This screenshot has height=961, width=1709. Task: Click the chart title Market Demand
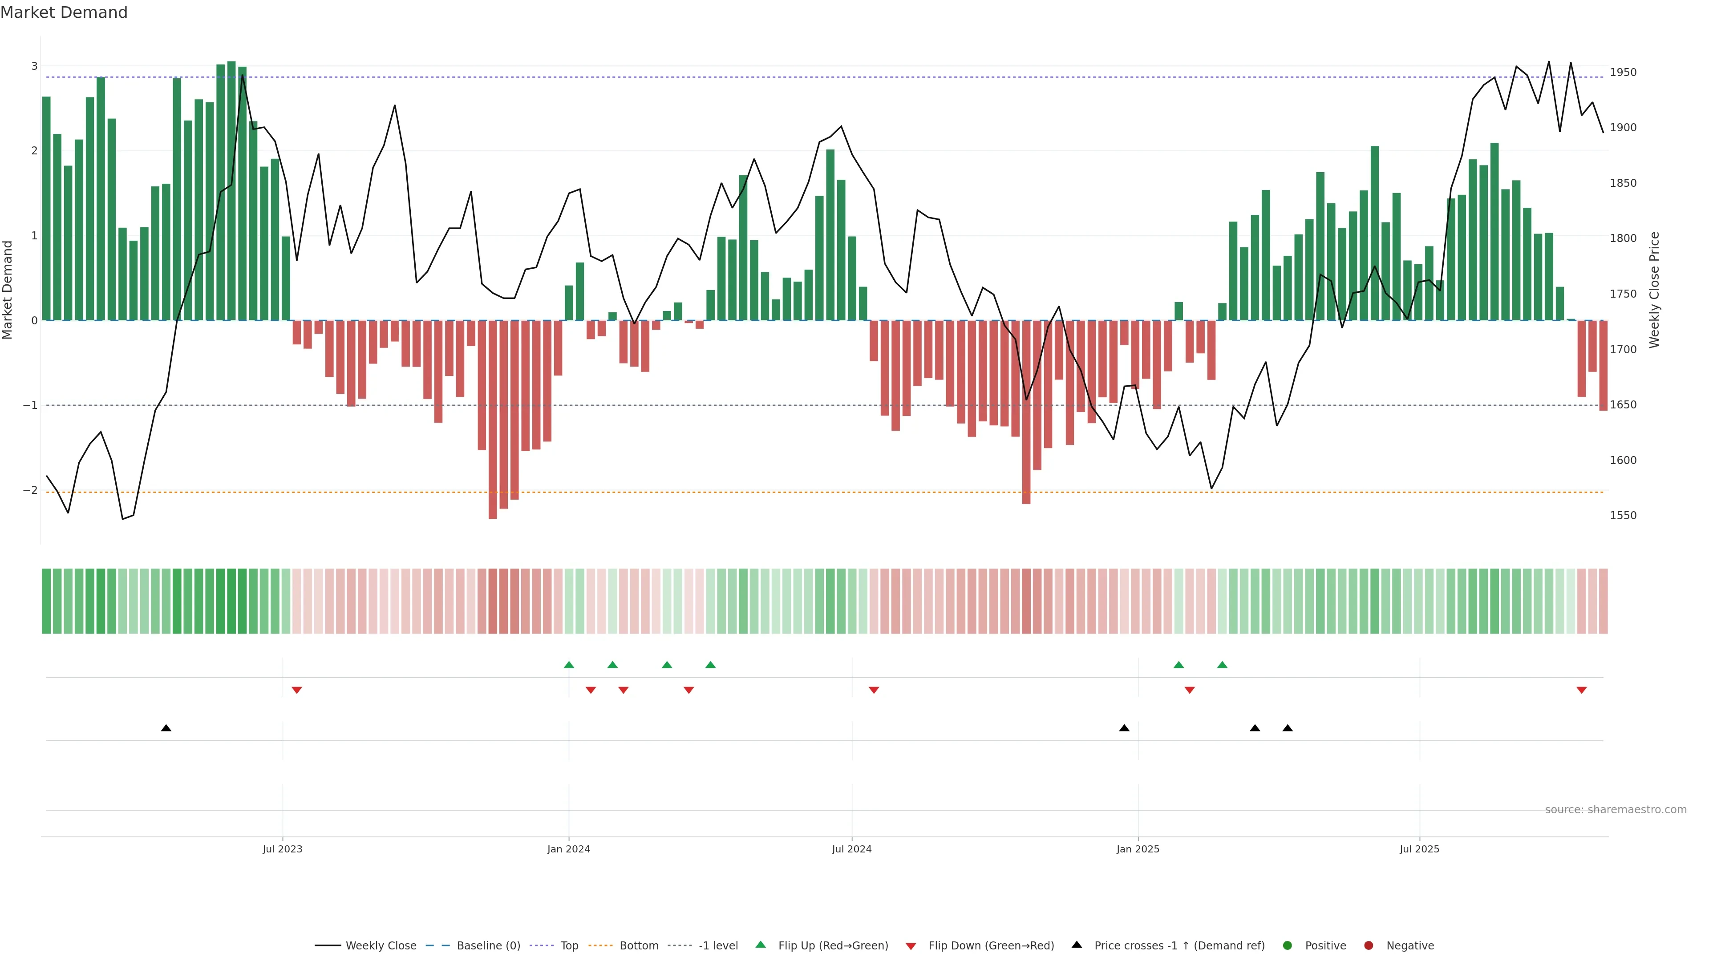(64, 12)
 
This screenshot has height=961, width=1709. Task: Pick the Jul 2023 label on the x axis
(282, 849)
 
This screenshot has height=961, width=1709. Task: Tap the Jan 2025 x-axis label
(1138, 849)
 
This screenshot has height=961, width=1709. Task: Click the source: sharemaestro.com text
(1616, 810)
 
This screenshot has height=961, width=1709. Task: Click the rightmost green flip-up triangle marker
(1222, 665)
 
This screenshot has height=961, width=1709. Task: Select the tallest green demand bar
(231, 191)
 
